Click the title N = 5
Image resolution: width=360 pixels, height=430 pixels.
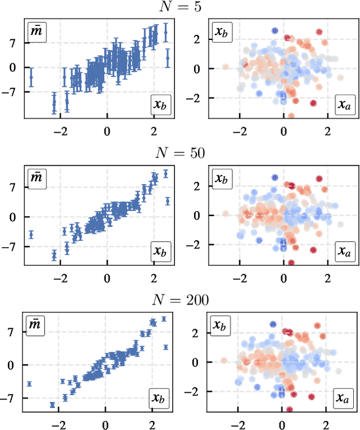coord(180,7)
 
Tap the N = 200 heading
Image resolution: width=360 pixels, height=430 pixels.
coord(180,301)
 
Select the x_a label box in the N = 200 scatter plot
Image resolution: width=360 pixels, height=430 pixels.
coord(344,399)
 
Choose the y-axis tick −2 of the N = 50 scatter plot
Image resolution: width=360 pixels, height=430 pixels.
coord(196,245)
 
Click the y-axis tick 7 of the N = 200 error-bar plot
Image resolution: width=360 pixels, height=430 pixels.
coord(15,332)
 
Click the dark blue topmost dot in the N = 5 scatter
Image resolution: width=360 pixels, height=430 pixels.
coord(274,31)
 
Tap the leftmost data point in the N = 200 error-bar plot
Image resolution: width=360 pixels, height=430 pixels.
coord(29,384)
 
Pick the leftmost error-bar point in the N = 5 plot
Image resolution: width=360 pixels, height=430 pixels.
coord(31,78)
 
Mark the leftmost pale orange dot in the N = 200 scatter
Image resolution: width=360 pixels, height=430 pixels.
coord(224,361)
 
